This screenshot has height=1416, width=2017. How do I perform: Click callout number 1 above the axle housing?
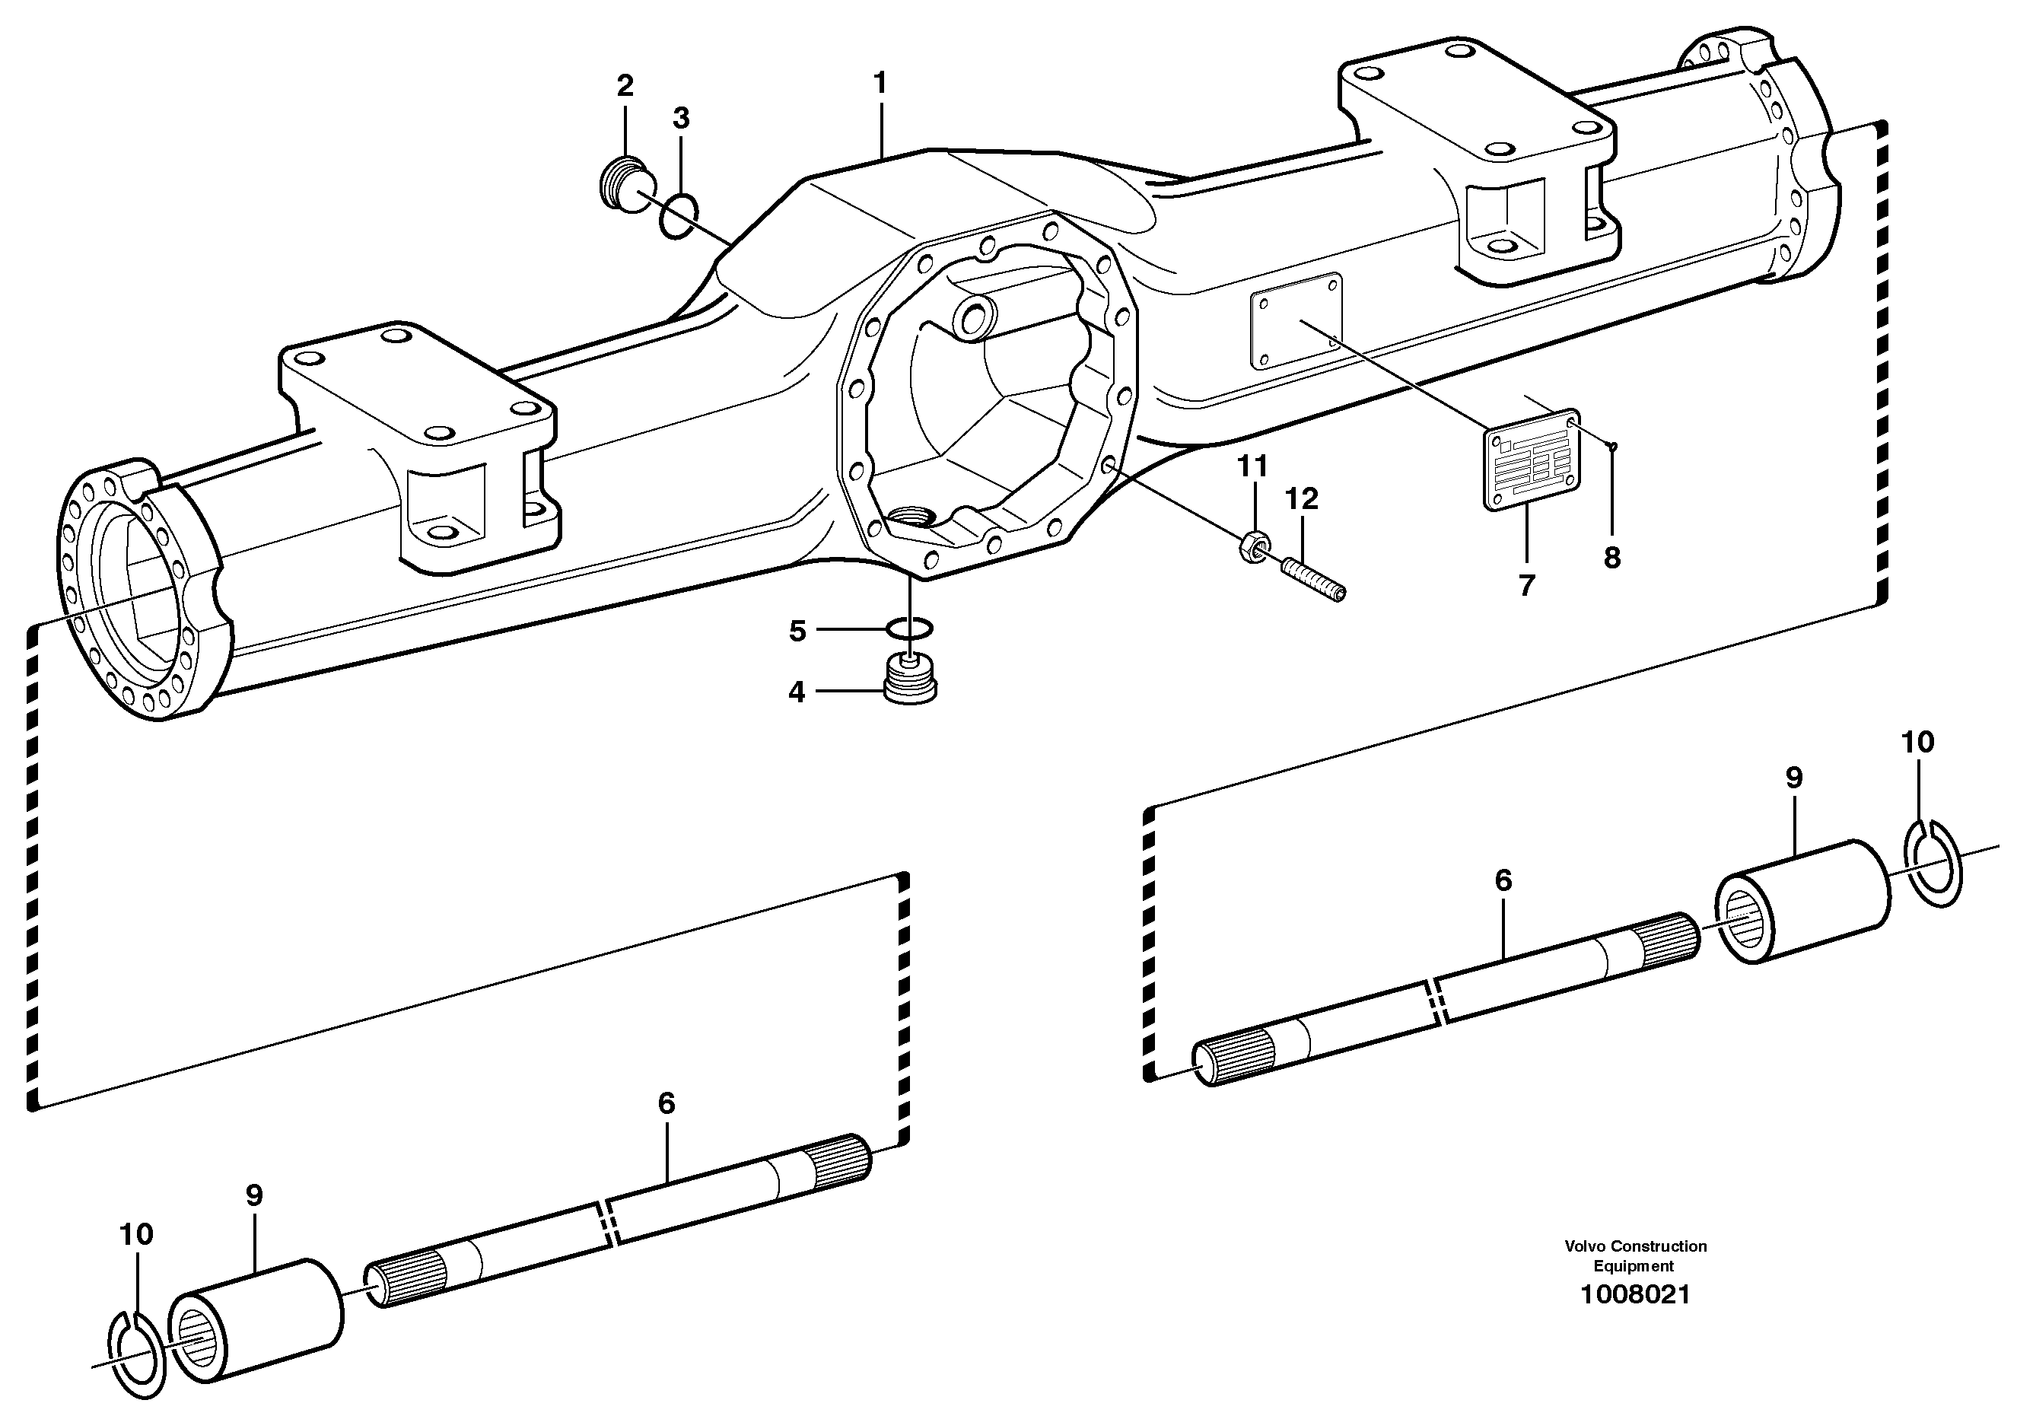pyautogui.click(x=880, y=84)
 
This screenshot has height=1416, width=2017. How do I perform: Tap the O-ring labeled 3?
pyautogui.click(x=678, y=216)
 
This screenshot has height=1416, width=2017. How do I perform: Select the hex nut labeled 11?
pyautogui.click(x=1251, y=549)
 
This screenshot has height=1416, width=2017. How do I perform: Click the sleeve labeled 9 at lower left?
pyautogui.click(x=255, y=1319)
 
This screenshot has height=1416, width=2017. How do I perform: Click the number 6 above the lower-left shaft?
pyautogui.click(x=667, y=1103)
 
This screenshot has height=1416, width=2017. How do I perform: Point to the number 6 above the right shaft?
pyautogui.click(x=1503, y=880)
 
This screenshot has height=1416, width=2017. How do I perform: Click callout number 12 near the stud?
pyautogui.click(x=1302, y=499)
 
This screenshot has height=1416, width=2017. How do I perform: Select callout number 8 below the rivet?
pyautogui.click(x=1612, y=558)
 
